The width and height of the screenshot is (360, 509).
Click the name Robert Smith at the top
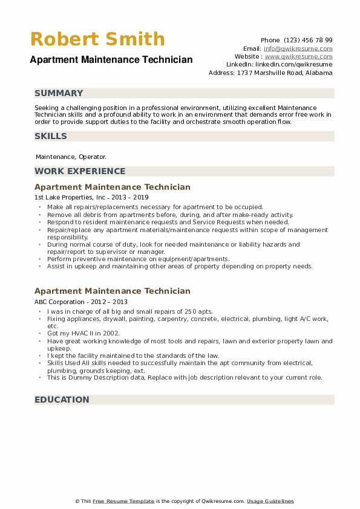click(x=97, y=39)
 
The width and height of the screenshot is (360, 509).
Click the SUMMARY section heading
click(x=59, y=93)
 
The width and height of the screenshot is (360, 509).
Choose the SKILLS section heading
click(x=51, y=136)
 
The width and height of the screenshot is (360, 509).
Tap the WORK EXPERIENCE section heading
click(x=80, y=171)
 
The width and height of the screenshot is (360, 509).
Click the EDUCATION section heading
click(x=62, y=400)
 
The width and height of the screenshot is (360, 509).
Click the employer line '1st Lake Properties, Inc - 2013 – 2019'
click(x=91, y=197)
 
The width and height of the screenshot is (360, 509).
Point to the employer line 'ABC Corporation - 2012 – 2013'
click(x=81, y=302)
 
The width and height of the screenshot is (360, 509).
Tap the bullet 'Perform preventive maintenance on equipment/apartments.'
click(x=138, y=259)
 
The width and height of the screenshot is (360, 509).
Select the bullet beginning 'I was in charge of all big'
click(x=129, y=311)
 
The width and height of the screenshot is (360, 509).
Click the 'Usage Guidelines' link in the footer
click(x=270, y=501)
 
